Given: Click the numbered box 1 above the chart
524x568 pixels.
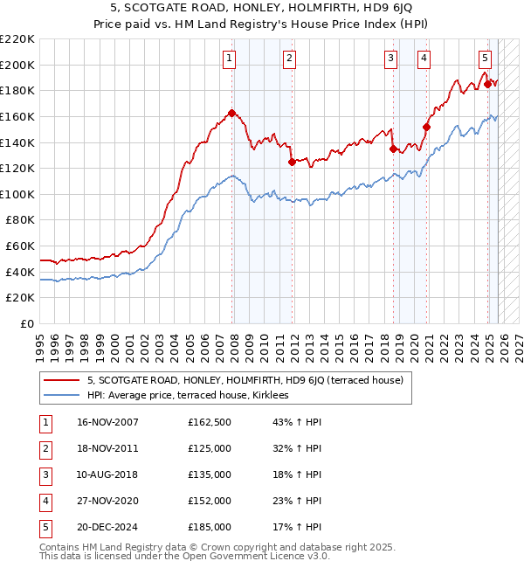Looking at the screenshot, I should point(229,59).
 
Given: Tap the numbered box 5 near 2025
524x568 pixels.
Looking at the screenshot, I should point(485,59).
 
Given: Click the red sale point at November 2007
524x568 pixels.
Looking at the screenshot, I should point(231,113).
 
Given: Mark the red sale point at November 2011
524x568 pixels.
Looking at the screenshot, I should point(291,162).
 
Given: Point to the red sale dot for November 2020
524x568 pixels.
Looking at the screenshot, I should point(426,127).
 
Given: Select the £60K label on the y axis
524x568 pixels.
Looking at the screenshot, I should point(21,246).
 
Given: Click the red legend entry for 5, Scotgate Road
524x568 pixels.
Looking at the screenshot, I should point(245,380).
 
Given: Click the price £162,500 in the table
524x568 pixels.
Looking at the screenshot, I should point(210,422).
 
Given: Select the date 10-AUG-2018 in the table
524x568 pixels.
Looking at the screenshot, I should point(107,474).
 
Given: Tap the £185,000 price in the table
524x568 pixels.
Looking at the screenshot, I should point(210,527).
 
